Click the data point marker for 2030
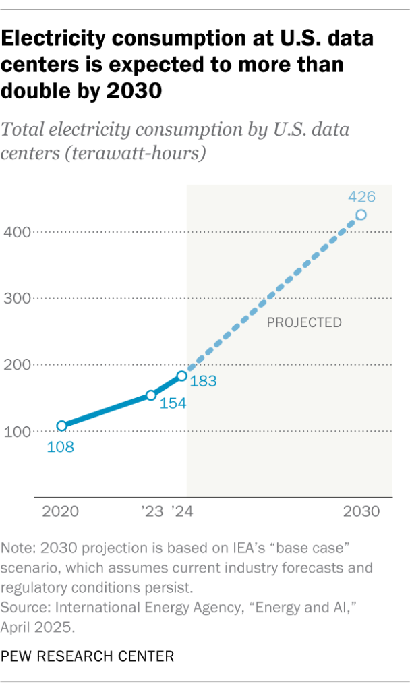tap(361, 215)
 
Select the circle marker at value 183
tap(181, 376)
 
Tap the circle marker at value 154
tap(151, 395)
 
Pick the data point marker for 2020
tap(61, 426)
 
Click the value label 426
tap(361, 198)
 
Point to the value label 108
tap(60, 447)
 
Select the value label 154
tap(173, 403)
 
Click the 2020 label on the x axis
tap(61, 511)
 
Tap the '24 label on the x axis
tap(182, 511)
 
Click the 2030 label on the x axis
tap(361, 511)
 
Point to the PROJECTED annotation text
tap(304, 323)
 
